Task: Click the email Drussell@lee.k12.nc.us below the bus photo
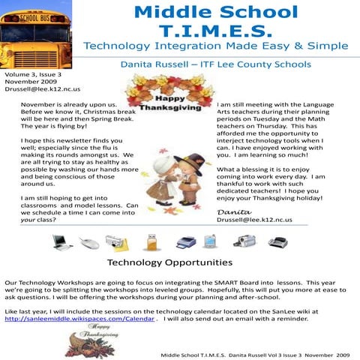tap(37, 90)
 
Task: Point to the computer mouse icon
tap(89, 242)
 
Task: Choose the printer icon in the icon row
tap(186, 241)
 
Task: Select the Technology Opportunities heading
tap(169, 262)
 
